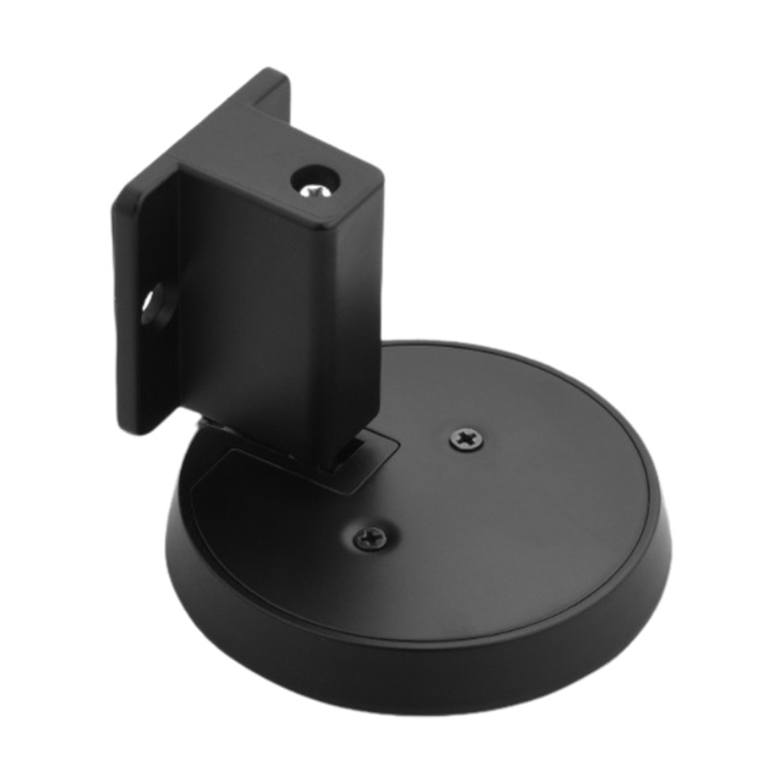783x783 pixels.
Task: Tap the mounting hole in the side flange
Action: coord(154,305)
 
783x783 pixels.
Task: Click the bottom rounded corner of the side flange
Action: coord(137,427)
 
